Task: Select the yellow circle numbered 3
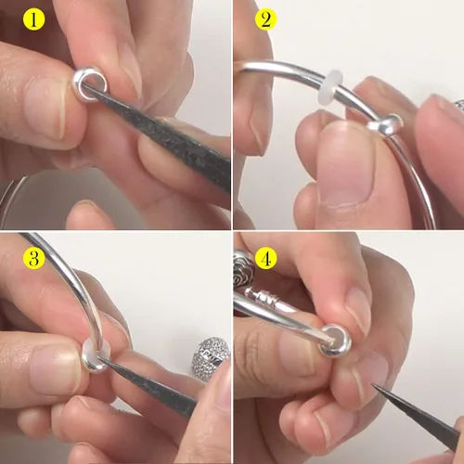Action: click(33, 259)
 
